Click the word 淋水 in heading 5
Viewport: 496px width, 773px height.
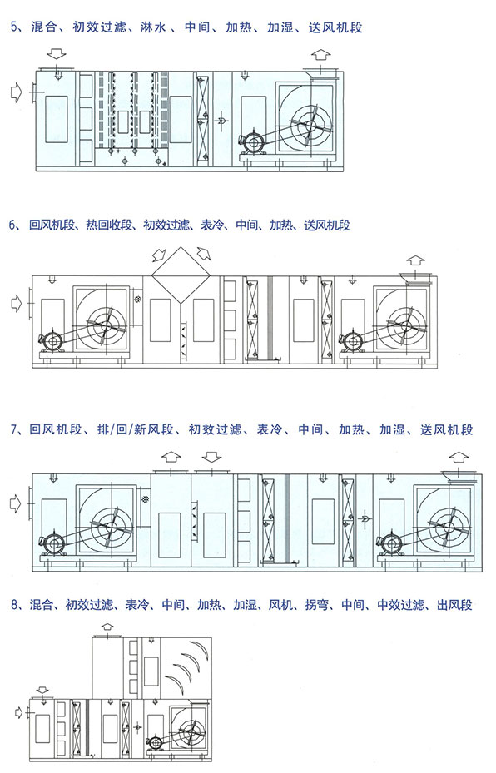tap(153, 27)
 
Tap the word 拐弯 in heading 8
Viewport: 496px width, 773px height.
tap(316, 604)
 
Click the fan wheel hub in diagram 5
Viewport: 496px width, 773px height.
tap(310, 125)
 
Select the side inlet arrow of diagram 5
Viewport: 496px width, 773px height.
tap(17, 92)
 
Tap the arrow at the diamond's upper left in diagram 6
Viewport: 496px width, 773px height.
tap(159, 255)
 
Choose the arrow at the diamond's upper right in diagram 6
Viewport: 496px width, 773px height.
tap(202, 254)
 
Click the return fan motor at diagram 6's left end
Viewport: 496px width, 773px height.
tap(51, 341)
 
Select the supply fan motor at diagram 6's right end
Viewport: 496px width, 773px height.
tap(352, 341)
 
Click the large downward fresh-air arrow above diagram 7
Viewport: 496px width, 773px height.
tap(212, 457)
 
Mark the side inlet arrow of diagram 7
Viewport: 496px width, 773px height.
tap(17, 504)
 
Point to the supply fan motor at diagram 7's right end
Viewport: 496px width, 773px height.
tap(392, 543)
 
